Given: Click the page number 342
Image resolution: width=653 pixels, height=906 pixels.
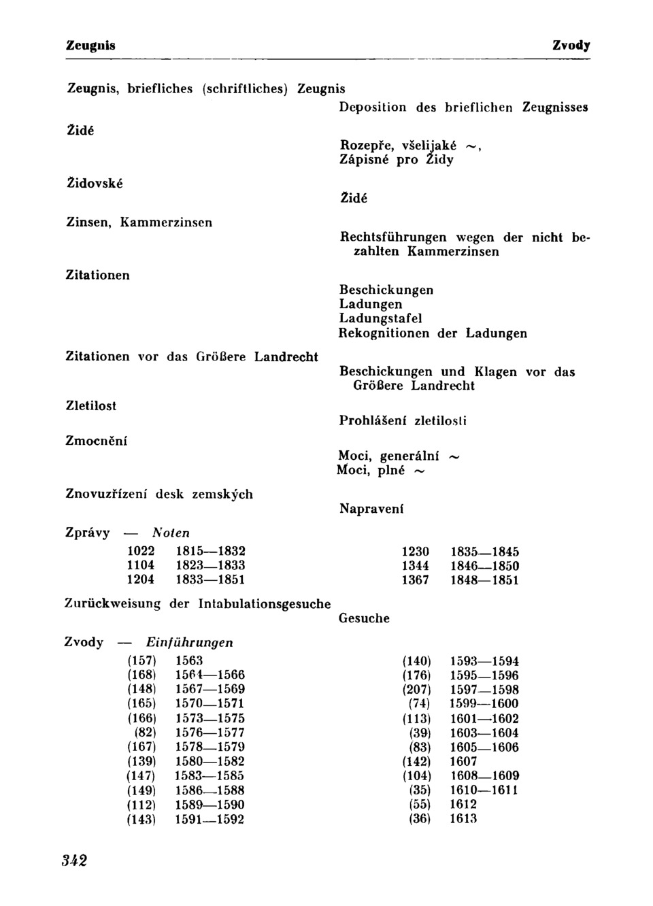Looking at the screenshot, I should click(74, 860).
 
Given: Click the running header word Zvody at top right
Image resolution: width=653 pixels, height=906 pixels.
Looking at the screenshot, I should click(571, 46).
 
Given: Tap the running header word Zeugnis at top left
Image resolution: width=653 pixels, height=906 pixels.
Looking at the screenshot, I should click(90, 46).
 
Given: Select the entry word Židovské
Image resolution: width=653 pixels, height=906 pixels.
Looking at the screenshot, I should click(94, 183).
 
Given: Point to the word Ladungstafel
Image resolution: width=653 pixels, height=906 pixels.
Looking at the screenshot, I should click(380, 318).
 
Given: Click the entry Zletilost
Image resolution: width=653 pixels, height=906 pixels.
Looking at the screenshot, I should click(90, 405).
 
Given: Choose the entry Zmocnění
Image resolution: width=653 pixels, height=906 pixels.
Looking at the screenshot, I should click(96, 441).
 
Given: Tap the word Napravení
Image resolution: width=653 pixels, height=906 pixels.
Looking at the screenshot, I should click(371, 509).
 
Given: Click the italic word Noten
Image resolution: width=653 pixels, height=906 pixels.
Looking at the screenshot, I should click(171, 533).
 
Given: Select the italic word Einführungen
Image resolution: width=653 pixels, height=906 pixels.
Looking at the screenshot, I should click(190, 643).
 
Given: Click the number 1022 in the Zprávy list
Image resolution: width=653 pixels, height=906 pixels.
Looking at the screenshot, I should click(141, 551).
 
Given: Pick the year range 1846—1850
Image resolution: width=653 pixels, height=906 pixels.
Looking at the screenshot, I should click(484, 566).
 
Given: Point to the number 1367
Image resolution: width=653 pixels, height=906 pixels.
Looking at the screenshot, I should click(415, 580).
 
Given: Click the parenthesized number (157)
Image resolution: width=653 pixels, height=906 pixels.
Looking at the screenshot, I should click(141, 660).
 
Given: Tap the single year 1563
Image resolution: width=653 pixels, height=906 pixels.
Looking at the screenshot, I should click(189, 660).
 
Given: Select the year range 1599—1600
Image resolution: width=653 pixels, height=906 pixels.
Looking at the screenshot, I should click(484, 704).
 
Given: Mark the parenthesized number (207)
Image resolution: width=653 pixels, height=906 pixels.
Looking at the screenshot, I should click(417, 690).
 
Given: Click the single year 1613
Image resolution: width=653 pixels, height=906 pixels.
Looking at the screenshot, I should click(463, 819).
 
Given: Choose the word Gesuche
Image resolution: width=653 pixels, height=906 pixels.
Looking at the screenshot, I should click(364, 618).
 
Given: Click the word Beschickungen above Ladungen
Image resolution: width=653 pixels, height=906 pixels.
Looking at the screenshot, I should click(386, 290).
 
